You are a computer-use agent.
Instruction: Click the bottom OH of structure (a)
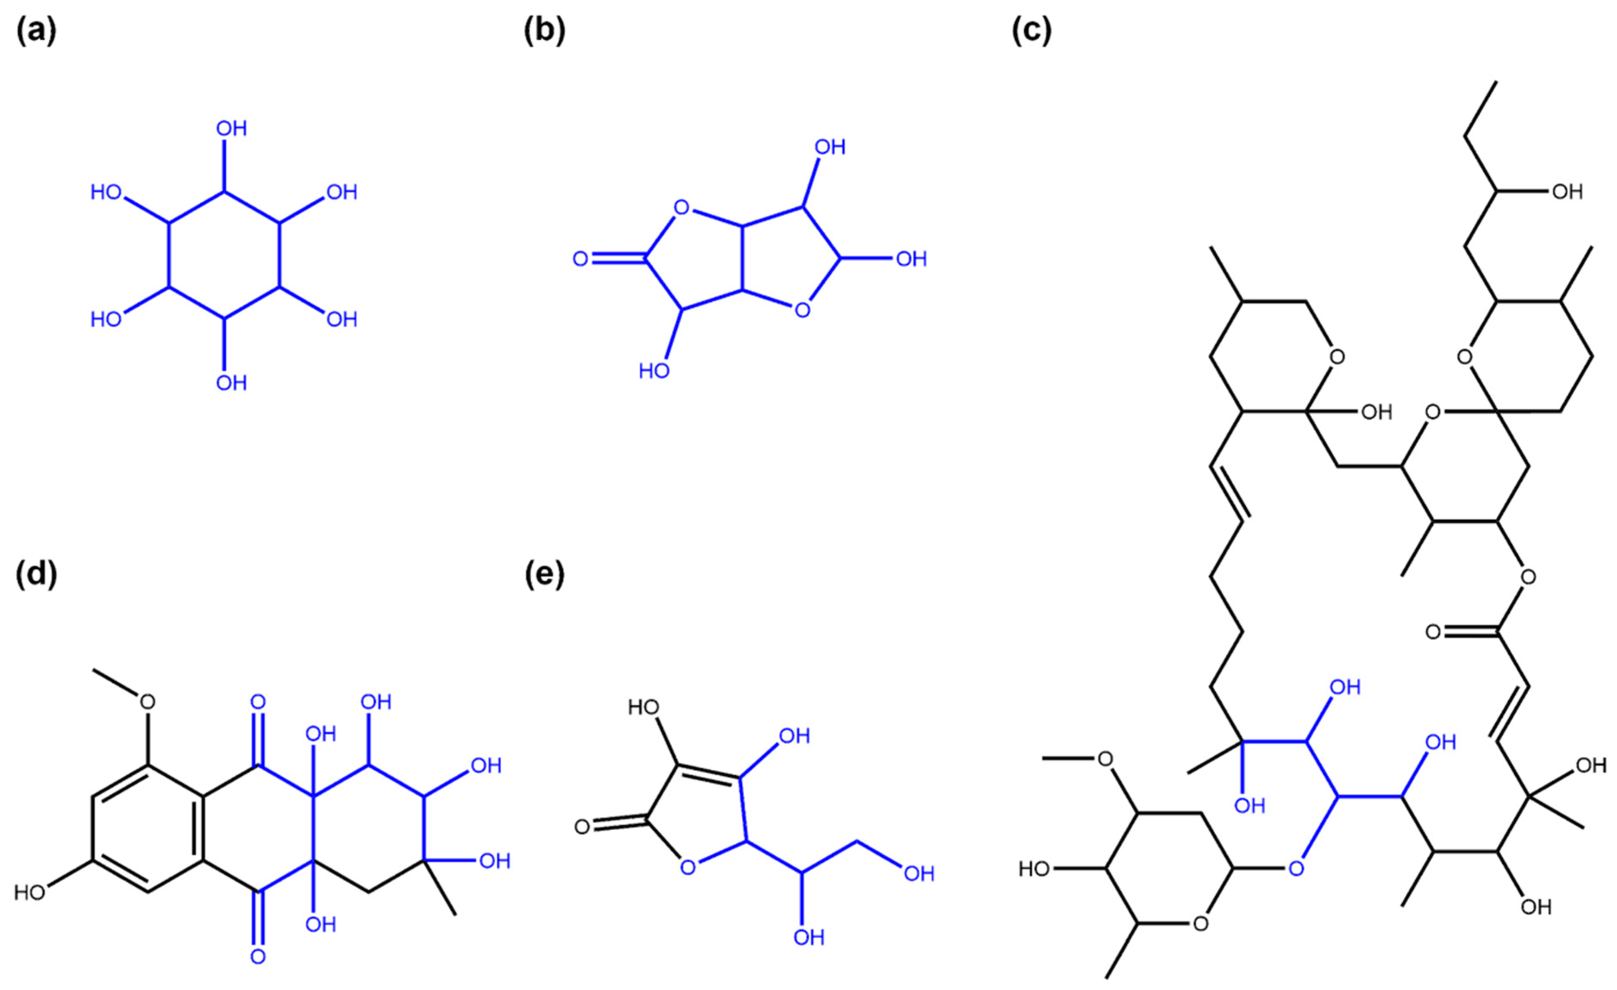click(231, 382)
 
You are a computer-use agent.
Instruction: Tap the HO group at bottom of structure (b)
click(654, 371)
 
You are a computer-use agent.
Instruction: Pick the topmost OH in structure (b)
click(830, 147)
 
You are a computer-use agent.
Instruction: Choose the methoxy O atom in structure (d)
click(148, 702)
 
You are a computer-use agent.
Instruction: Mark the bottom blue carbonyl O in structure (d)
click(258, 956)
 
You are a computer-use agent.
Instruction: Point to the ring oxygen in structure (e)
click(687, 868)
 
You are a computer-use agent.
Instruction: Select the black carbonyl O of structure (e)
click(581, 826)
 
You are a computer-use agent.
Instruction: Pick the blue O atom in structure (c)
click(1296, 869)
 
